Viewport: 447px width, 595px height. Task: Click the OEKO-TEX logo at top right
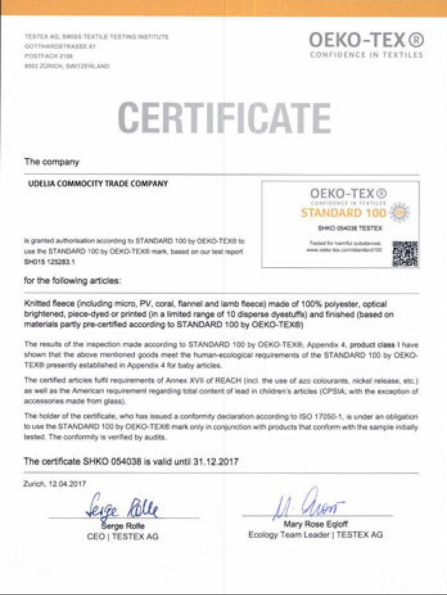tap(366, 40)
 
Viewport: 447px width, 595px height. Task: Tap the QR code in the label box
tap(405, 254)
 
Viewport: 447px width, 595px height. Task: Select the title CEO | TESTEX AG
tap(122, 536)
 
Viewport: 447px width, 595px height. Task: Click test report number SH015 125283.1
tap(49, 262)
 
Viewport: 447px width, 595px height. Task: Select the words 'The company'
tap(51, 161)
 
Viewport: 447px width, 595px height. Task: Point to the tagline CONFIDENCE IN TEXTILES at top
tap(366, 55)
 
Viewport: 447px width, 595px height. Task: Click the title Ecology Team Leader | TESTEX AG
tap(315, 535)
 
